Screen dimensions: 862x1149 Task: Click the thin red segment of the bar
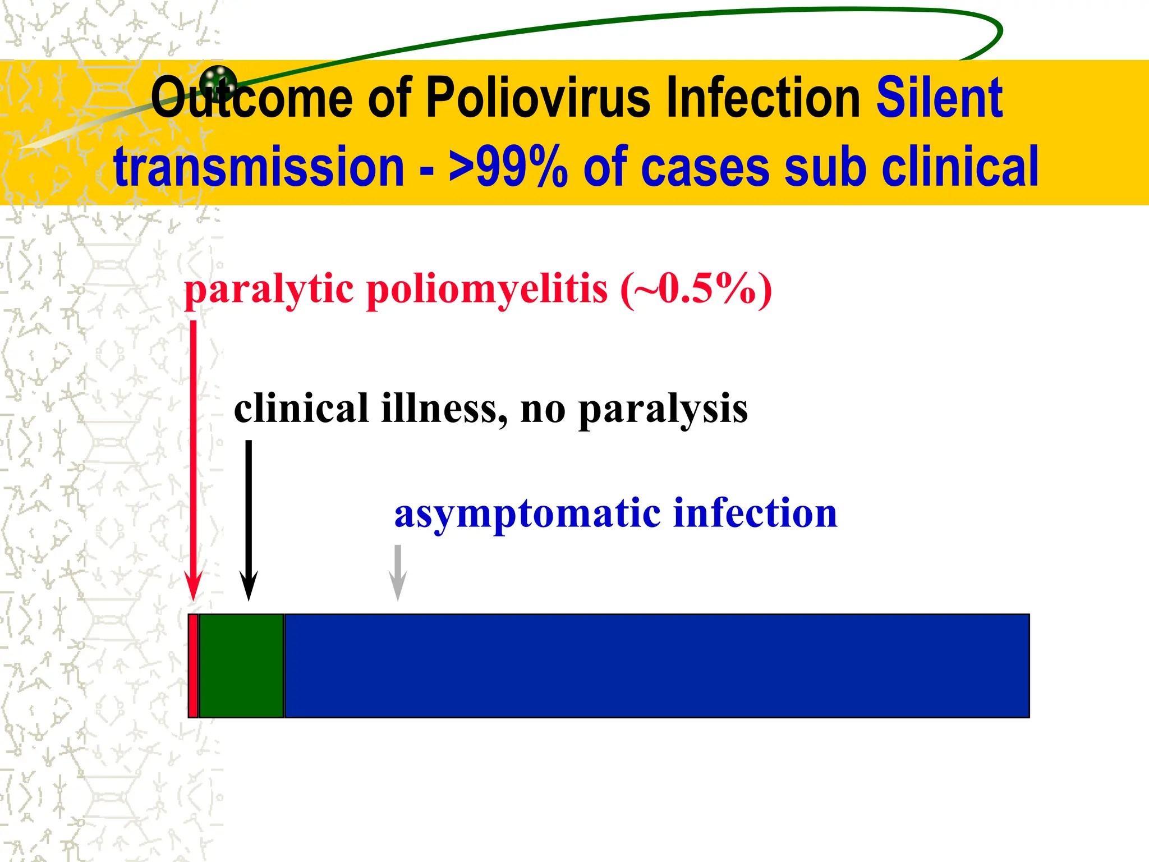point(193,666)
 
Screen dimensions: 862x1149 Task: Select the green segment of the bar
point(241,666)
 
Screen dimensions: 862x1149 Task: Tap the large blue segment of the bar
point(656,666)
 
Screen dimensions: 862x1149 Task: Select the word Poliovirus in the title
point(539,98)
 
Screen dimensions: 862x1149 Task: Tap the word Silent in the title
point(939,98)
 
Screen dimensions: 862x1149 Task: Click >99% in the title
point(508,167)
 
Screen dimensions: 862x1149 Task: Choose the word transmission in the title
point(259,167)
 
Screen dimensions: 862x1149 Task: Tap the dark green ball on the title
point(218,80)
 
